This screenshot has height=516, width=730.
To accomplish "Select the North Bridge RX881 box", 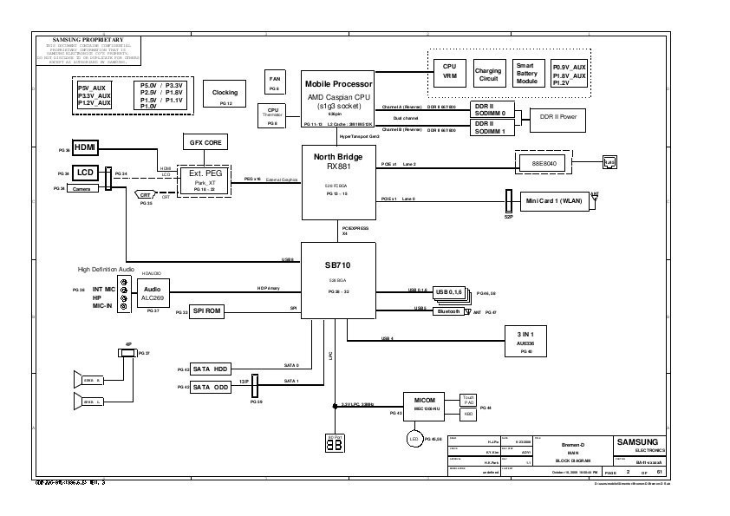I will [337, 181].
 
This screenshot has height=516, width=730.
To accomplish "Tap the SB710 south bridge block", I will [337, 278].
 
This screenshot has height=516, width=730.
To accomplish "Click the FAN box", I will [274, 82].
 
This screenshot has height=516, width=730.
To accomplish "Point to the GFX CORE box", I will [202, 141].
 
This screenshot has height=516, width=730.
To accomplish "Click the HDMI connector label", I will [86, 147].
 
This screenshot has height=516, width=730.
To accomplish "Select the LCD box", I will [86, 173].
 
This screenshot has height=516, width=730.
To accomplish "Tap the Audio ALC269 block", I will [152, 292].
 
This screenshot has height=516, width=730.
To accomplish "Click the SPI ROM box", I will [207, 310].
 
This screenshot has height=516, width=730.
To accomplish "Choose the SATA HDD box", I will [209, 368].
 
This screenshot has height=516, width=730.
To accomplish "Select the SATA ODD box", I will [209, 387].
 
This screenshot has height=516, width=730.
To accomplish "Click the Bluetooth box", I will [449, 310].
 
